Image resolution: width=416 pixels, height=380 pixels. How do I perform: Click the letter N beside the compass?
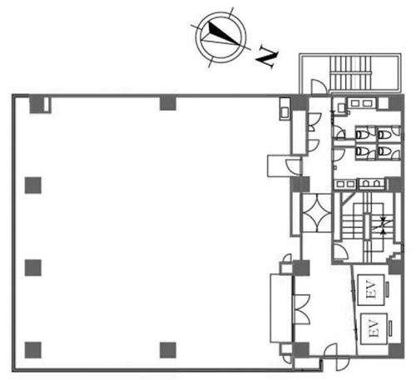(x=267, y=57)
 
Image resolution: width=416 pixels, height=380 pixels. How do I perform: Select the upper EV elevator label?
(x=371, y=289)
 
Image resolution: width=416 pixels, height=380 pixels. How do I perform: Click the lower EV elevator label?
(x=374, y=328)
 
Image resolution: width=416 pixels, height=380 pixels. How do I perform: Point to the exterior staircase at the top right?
(x=351, y=73)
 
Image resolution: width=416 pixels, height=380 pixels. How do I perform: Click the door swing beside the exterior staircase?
(x=319, y=86)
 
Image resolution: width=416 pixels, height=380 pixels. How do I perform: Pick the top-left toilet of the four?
(x=362, y=135)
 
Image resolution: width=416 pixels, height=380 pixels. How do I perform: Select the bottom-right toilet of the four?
(x=384, y=151)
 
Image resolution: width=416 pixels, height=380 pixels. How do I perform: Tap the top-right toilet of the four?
(x=384, y=135)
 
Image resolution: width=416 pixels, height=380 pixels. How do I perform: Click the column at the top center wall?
(x=168, y=103)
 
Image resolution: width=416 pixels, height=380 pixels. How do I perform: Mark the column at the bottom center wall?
(x=168, y=350)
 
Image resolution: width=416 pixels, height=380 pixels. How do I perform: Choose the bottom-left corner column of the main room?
(x=33, y=350)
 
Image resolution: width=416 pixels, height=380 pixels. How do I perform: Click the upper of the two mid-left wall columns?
(x=33, y=185)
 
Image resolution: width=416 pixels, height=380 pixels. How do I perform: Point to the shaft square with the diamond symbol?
(x=317, y=213)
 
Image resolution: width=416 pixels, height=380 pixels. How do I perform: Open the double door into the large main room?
(x=301, y=308)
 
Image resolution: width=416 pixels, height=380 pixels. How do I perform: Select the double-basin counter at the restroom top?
(x=361, y=103)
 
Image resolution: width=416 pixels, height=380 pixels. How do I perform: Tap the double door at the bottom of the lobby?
(x=334, y=357)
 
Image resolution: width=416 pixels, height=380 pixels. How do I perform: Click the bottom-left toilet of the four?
(x=362, y=151)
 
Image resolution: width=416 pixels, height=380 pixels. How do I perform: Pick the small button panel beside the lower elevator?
(x=390, y=328)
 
